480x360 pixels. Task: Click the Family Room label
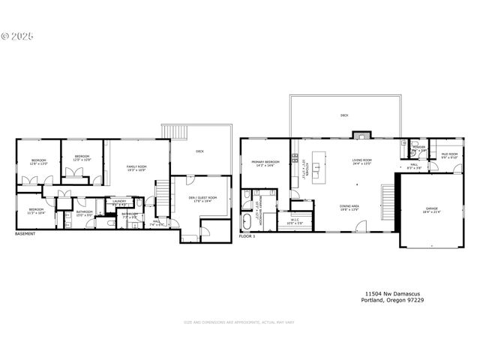[136, 167]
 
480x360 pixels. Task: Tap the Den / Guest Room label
[200, 199]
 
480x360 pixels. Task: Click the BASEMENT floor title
[25, 234]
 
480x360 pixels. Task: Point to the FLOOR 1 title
[247, 236]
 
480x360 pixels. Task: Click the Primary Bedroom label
[265, 163]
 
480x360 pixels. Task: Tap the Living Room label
[363, 161]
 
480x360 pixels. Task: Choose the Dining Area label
[349, 206]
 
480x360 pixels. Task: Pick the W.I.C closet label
[295, 222]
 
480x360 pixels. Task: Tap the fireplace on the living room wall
[362, 136]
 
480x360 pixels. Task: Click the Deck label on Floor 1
[344, 115]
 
